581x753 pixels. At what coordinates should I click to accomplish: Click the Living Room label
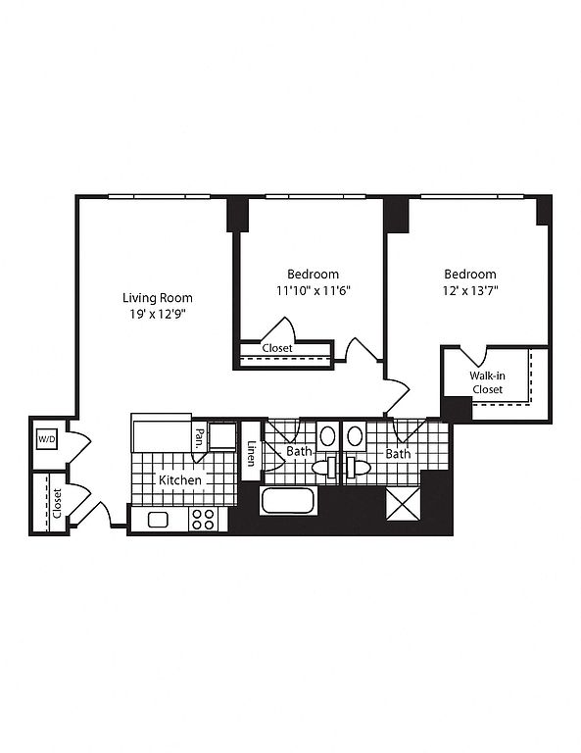point(158,298)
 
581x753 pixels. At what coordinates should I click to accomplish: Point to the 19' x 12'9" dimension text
point(158,315)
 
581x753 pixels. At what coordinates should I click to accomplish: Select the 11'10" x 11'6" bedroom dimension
point(314,290)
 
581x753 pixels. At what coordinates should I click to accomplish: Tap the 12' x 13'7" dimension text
point(470,290)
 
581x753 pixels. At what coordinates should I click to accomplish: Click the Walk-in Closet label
point(487,382)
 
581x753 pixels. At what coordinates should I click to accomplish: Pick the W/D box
point(47,439)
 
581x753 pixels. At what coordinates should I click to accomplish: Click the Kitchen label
point(180,479)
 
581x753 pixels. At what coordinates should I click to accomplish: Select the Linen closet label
point(251,453)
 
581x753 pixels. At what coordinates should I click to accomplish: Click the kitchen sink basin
point(158,520)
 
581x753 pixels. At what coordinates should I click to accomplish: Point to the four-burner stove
point(203,519)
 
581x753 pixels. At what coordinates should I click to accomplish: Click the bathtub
point(287,501)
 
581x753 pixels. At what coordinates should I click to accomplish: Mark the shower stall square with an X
point(404,504)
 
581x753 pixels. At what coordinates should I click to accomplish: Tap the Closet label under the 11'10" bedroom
point(277,348)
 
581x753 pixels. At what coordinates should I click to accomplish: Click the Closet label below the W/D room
point(58,503)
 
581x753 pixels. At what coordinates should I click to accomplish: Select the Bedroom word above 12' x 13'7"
point(470,275)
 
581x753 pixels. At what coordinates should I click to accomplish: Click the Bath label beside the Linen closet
point(299,451)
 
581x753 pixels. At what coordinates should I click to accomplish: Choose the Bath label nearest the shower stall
point(398,453)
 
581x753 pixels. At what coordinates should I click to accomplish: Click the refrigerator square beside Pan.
point(222,436)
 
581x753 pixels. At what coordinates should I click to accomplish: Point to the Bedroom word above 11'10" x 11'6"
point(314,275)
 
